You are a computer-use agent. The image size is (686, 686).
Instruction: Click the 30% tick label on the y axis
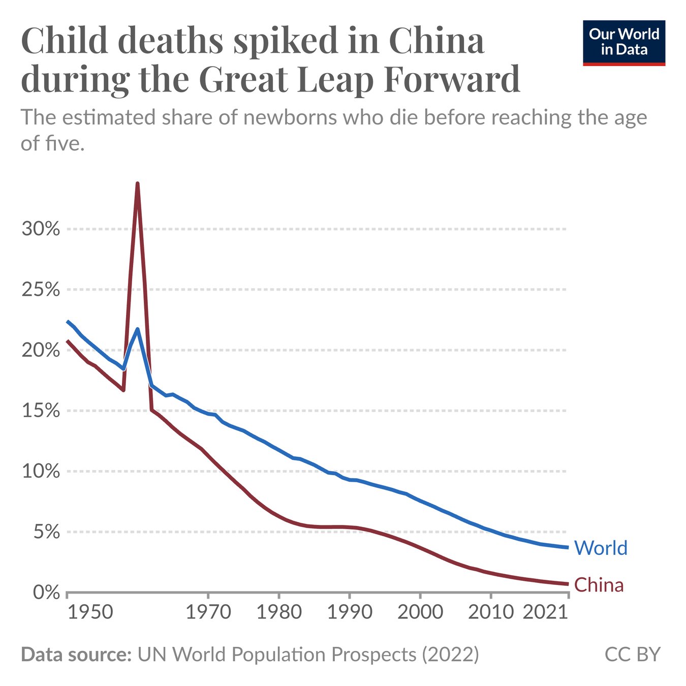(41, 229)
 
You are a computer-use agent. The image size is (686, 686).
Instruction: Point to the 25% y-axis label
(41, 290)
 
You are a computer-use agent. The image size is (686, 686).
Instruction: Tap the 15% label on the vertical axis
(41, 411)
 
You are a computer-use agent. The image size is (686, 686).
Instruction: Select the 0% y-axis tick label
(46, 593)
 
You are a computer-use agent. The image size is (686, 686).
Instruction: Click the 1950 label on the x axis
(90, 612)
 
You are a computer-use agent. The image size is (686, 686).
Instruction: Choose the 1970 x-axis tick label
(208, 612)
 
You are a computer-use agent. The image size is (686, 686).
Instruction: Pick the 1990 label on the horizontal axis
(350, 612)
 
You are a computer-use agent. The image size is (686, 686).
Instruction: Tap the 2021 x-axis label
(545, 612)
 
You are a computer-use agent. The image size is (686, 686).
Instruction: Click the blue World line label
(601, 548)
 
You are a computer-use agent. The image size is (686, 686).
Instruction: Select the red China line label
(599, 585)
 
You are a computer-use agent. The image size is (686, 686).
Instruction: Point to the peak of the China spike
(137, 183)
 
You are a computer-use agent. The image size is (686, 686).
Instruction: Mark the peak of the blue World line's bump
(137, 329)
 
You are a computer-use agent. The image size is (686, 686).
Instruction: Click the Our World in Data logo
(623, 43)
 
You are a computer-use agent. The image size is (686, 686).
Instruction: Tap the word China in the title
(436, 41)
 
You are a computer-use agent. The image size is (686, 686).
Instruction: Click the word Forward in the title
(452, 80)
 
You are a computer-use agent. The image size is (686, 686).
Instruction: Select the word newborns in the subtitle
(290, 118)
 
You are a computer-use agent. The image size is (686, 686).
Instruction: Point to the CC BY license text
(632, 654)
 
